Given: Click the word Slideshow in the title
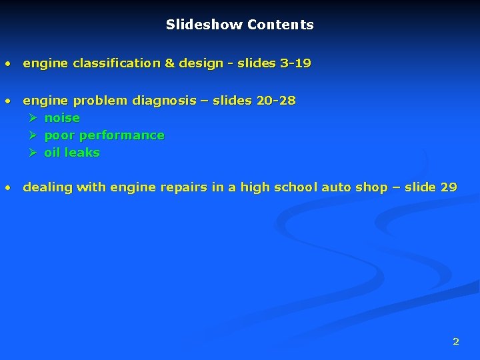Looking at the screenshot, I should [x=204, y=25].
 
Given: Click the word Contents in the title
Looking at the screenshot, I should [x=281, y=25].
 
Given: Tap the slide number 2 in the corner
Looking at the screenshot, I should [x=456, y=341].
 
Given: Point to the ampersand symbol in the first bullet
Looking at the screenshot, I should [x=169, y=64].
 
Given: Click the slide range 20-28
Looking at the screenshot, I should [x=276, y=101].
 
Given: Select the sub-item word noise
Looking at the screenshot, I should [x=62, y=119].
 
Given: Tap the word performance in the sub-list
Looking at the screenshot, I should [x=122, y=135].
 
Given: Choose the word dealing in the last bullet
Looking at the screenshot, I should [x=47, y=188].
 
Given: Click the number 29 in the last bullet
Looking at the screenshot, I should [x=449, y=188].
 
